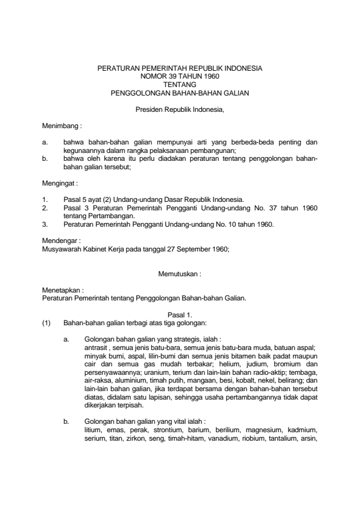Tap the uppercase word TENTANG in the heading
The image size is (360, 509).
point(180,85)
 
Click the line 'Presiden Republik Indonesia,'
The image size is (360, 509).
point(180,110)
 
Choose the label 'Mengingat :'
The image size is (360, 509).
point(60,181)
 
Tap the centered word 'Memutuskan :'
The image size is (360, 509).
point(180,274)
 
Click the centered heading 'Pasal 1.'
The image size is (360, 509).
point(180,314)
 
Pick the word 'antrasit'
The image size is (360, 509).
point(96,348)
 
